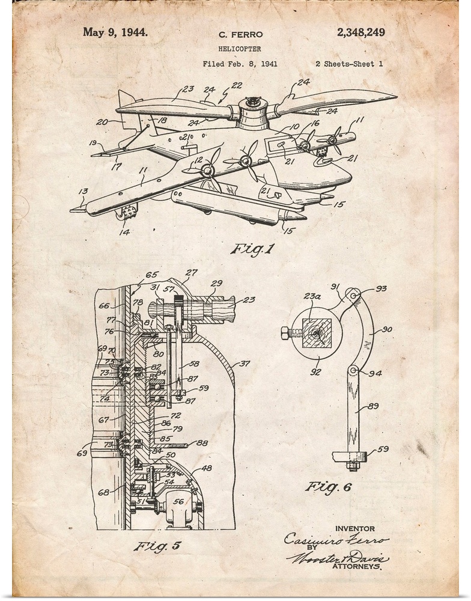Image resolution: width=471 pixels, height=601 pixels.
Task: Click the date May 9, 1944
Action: [115, 32]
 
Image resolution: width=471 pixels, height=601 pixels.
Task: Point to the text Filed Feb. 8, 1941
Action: [240, 64]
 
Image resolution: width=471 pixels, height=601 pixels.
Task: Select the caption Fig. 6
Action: [327, 487]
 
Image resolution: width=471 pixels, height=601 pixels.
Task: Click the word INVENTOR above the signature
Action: [355, 529]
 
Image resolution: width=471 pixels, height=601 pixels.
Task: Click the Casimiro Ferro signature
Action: [336, 539]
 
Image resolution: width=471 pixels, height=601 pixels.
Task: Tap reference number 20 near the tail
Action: [102, 123]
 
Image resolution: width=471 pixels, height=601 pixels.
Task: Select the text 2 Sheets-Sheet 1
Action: [344, 64]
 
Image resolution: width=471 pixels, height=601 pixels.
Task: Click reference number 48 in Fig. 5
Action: [206, 468]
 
